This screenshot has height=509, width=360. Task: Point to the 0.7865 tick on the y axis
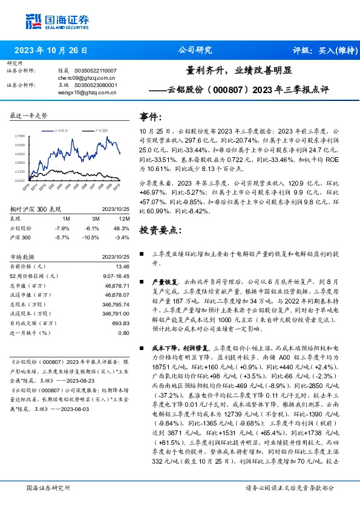coord(20,137)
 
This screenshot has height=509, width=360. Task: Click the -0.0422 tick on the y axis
coord(20,180)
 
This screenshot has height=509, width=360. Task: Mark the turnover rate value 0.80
coord(123,333)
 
